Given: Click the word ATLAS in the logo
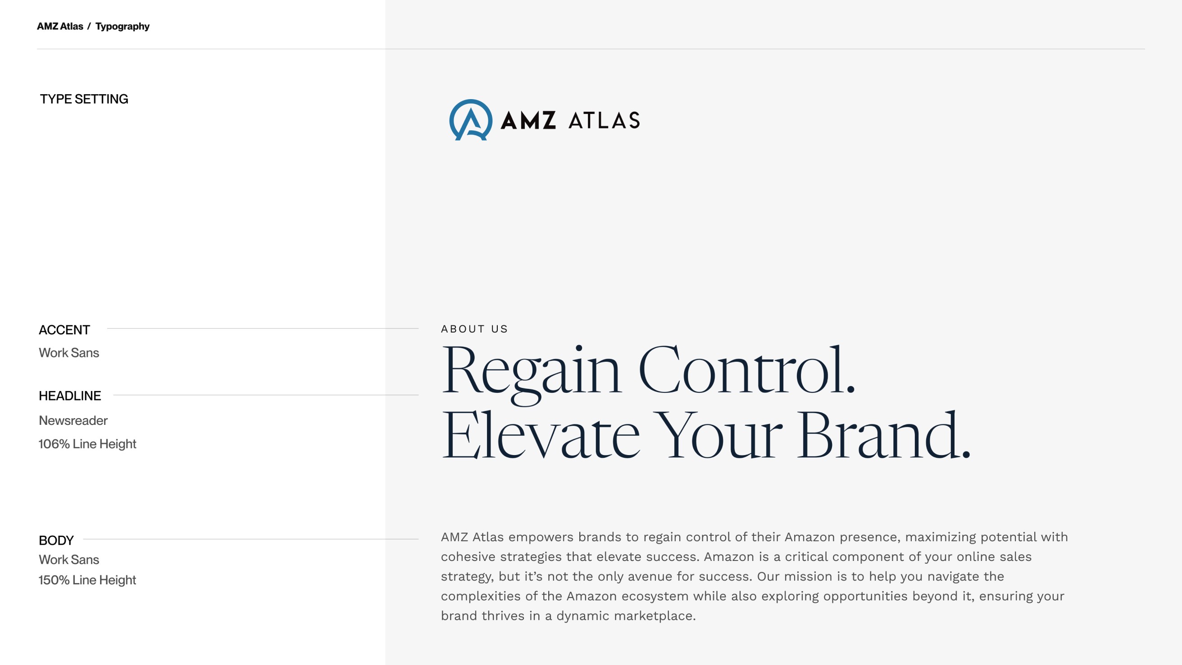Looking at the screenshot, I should [x=604, y=121].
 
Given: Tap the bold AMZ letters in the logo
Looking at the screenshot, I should [x=528, y=121].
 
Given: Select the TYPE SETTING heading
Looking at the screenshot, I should [x=84, y=99].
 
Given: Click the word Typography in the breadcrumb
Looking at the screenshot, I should [x=123, y=27].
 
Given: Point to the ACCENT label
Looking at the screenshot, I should [x=64, y=330].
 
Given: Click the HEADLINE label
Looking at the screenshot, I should [x=70, y=396].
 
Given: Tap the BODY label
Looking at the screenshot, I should [x=56, y=540].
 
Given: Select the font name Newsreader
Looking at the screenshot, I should [x=73, y=420].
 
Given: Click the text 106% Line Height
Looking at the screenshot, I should [x=87, y=444].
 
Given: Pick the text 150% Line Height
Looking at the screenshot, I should [x=87, y=580].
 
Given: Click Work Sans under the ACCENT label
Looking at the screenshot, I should [x=69, y=352].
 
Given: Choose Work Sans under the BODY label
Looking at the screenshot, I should [x=69, y=560].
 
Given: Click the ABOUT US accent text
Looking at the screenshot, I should [x=474, y=329].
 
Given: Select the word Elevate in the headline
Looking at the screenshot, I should [x=541, y=436].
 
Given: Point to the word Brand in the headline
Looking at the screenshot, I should [x=883, y=436].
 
